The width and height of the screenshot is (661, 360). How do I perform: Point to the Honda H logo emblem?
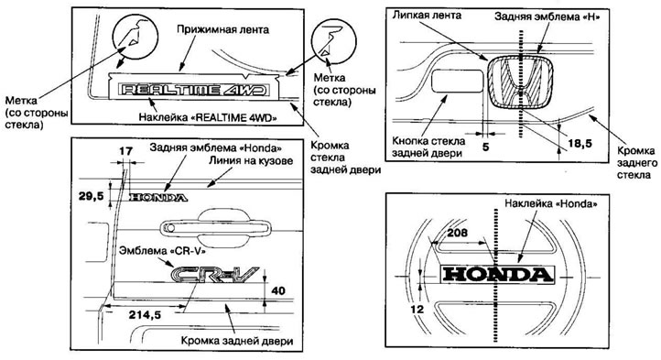518,83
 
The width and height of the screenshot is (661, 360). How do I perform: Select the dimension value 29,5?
90,194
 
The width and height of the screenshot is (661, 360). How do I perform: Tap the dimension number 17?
125,150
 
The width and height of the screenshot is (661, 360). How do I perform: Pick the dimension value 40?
279,290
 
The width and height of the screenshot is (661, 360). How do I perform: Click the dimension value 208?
453,235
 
